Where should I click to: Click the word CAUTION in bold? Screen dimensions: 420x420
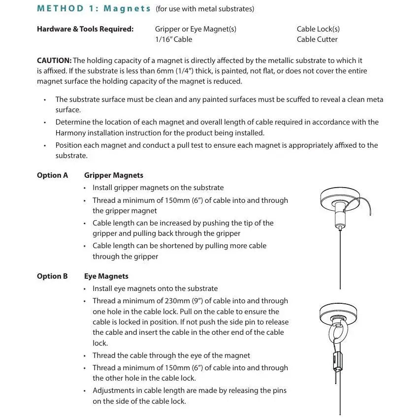54,61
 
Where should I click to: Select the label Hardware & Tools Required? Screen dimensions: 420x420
85,29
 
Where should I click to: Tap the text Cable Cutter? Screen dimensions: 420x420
317,39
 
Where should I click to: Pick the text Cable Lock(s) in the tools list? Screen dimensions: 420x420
318,29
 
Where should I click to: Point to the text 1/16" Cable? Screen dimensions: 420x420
173,39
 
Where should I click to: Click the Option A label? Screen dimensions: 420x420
52,175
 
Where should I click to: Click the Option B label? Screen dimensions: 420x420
52,276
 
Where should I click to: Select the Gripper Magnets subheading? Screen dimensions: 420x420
114,175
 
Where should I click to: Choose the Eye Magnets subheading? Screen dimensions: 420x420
106,276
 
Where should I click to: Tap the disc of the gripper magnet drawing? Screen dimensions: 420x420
340,198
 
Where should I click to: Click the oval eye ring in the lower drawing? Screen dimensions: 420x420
339,336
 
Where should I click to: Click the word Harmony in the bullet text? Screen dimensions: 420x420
70,133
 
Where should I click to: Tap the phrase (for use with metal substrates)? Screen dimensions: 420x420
205,9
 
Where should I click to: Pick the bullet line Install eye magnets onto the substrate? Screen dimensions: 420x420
155,289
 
